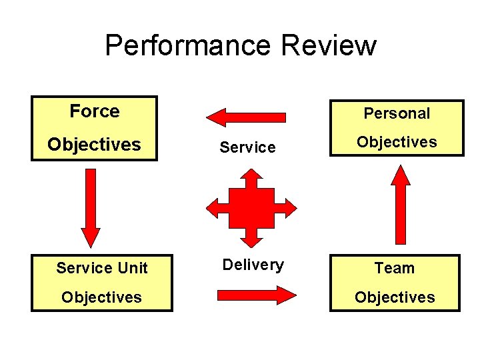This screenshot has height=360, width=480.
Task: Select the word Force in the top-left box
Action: (95, 111)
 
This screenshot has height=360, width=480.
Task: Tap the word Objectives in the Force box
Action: (94, 145)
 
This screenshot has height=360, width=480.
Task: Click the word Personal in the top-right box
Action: (397, 113)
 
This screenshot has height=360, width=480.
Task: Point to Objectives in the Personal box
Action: (397, 142)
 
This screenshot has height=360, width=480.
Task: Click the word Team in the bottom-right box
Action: (395, 268)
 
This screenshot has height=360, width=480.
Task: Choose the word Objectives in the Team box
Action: (395, 297)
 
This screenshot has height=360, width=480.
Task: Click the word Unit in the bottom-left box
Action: (131, 268)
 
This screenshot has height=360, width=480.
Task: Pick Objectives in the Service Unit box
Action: (101, 297)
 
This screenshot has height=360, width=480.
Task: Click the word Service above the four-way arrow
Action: (247, 147)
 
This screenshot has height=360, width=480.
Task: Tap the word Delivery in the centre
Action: (253, 265)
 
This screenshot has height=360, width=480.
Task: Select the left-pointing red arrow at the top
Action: (246, 117)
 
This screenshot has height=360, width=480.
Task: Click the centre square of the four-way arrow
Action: (251, 207)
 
